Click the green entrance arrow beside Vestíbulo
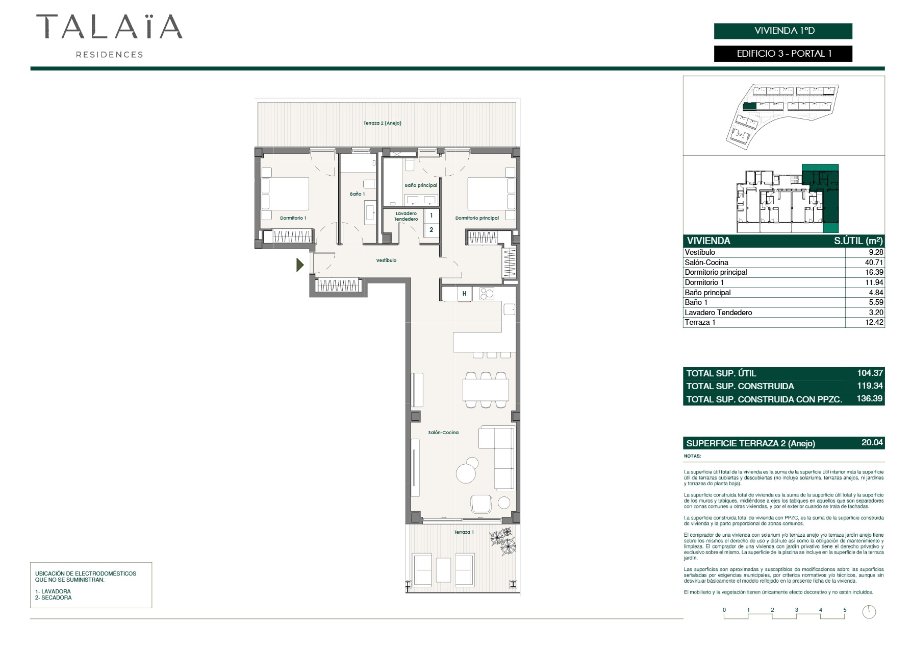coord(300,265)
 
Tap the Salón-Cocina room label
coord(443,433)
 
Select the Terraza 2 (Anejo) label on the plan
coord(383,123)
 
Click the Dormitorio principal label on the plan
coord(477,218)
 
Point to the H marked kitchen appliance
coord(464,294)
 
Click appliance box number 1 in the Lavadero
coord(431,216)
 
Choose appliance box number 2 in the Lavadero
coord(431,230)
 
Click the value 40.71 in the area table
coord(874,262)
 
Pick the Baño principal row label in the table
coord(707,293)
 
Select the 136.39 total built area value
coord(870,399)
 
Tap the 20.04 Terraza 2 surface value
coord(872,443)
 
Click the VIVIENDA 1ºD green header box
coord(783,31)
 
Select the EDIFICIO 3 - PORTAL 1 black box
coord(783,54)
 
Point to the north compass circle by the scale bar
coord(869,612)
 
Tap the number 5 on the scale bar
coord(845,610)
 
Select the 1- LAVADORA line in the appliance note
coord(53,591)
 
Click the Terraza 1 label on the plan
coord(464,532)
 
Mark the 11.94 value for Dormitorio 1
coord(874,282)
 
